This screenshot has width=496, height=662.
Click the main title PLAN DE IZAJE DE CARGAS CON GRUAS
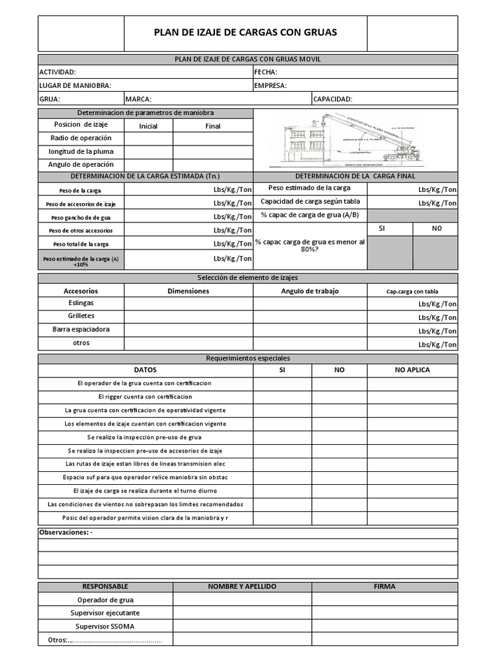pyautogui.click(x=245, y=32)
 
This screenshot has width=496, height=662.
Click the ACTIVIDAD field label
pyautogui.click(x=58, y=72)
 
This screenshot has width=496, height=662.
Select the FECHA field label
pyautogui.click(x=266, y=72)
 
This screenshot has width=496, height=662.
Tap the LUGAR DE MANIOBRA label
pyautogui.click(x=76, y=85)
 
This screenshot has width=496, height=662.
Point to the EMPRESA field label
pyautogui.click(x=271, y=85)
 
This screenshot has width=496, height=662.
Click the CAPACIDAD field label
pyautogui.click(x=333, y=99)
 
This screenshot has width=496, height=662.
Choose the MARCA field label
pyautogui.click(x=138, y=99)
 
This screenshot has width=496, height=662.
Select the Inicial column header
pyautogui.click(x=148, y=126)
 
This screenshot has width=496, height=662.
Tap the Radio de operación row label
pyautogui.click(x=81, y=138)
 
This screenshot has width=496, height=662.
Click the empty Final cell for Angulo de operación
pyautogui.click(x=212, y=165)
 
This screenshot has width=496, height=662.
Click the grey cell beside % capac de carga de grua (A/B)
pyautogui.click(x=412, y=215)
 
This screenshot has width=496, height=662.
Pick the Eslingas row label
pyautogui.click(x=81, y=303)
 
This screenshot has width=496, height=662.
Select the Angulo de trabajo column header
pyautogui.click(x=309, y=291)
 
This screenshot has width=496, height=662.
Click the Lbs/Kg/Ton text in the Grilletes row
pyautogui.click(x=437, y=317)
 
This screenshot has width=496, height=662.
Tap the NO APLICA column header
pyautogui.click(x=412, y=370)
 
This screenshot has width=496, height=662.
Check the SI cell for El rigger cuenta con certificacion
pyautogui.click(x=282, y=396)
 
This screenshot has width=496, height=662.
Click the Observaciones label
pyautogui.click(x=66, y=532)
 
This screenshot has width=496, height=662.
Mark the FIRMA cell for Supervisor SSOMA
pyautogui.click(x=384, y=626)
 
